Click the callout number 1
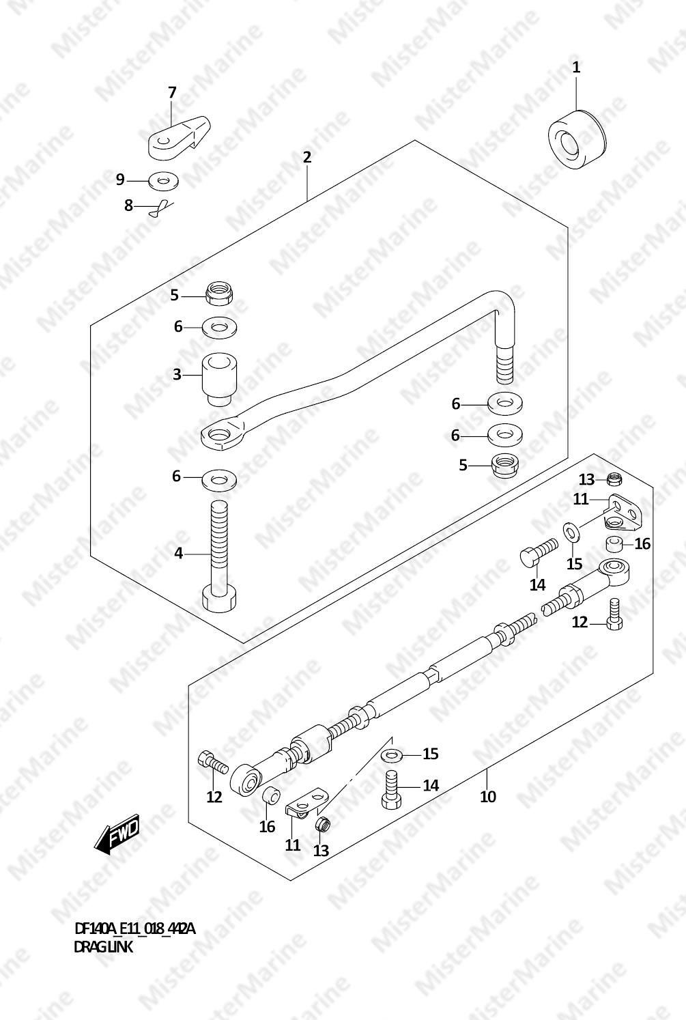576,68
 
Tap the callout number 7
171,92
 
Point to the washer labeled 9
163,181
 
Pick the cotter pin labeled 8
162,209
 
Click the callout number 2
307,158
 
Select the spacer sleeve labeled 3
219,378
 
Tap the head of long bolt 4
219,599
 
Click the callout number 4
178,554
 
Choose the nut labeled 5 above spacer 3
219,294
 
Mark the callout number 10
487,797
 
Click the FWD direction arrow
117,834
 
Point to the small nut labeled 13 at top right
614,479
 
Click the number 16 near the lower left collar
267,827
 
